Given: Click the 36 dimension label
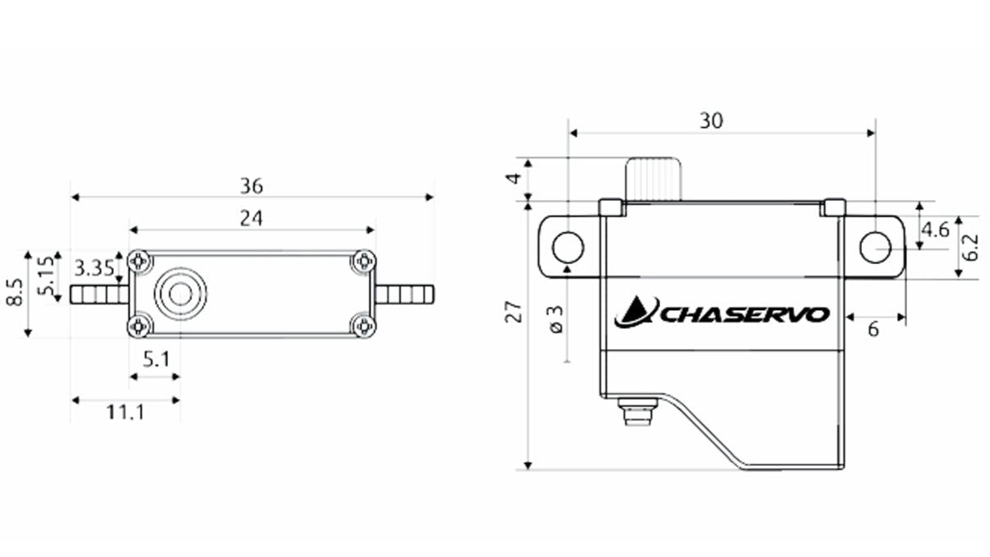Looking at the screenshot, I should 252,186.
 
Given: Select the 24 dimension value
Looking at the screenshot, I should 252,219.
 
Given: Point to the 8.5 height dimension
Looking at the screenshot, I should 13,293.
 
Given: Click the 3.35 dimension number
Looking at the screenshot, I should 94,268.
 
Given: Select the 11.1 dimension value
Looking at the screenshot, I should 125,412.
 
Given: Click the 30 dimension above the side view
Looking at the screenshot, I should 711,121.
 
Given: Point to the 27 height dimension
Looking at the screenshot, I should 514,313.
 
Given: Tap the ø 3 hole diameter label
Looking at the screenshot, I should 555,319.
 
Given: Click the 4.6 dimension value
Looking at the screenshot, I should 935,230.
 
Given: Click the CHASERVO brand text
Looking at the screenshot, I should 745,315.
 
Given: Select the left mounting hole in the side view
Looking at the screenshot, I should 568,246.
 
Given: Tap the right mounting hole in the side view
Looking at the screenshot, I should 875,246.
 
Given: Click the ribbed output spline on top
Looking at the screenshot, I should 654,179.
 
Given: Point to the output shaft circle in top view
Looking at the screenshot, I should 180,294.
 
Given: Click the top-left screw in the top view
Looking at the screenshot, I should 140,261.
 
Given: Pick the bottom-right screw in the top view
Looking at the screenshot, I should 363,326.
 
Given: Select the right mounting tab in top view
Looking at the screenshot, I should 405,294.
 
